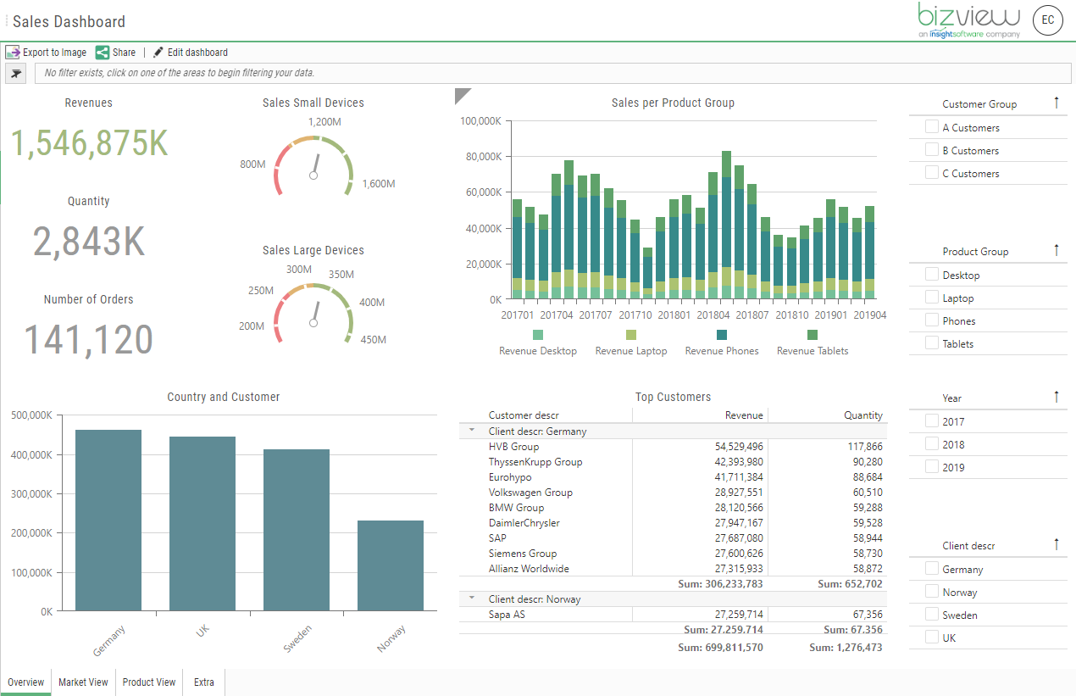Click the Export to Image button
(47, 53)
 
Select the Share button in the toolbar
(115, 53)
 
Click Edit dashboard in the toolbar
(191, 53)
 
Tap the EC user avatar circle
(1048, 20)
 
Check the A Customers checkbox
(932, 127)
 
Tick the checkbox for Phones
(932, 320)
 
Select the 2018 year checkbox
(932, 444)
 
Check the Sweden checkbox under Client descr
(932, 615)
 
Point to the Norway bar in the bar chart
(390, 565)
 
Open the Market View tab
(83, 682)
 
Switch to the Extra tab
(203, 682)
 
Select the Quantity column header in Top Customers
(862, 415)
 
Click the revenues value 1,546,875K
(89, 143)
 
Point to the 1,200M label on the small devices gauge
(324, 122)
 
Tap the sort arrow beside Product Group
(1056, 250)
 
